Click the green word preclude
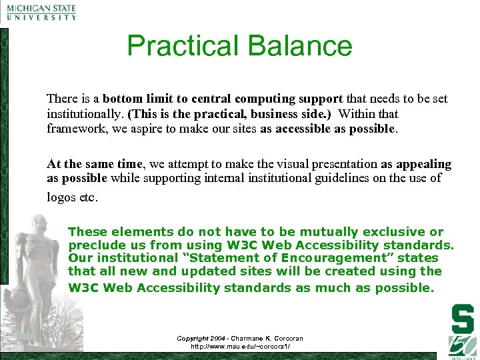click(x=93, y=245)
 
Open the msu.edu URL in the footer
click(x=241, y=347)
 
